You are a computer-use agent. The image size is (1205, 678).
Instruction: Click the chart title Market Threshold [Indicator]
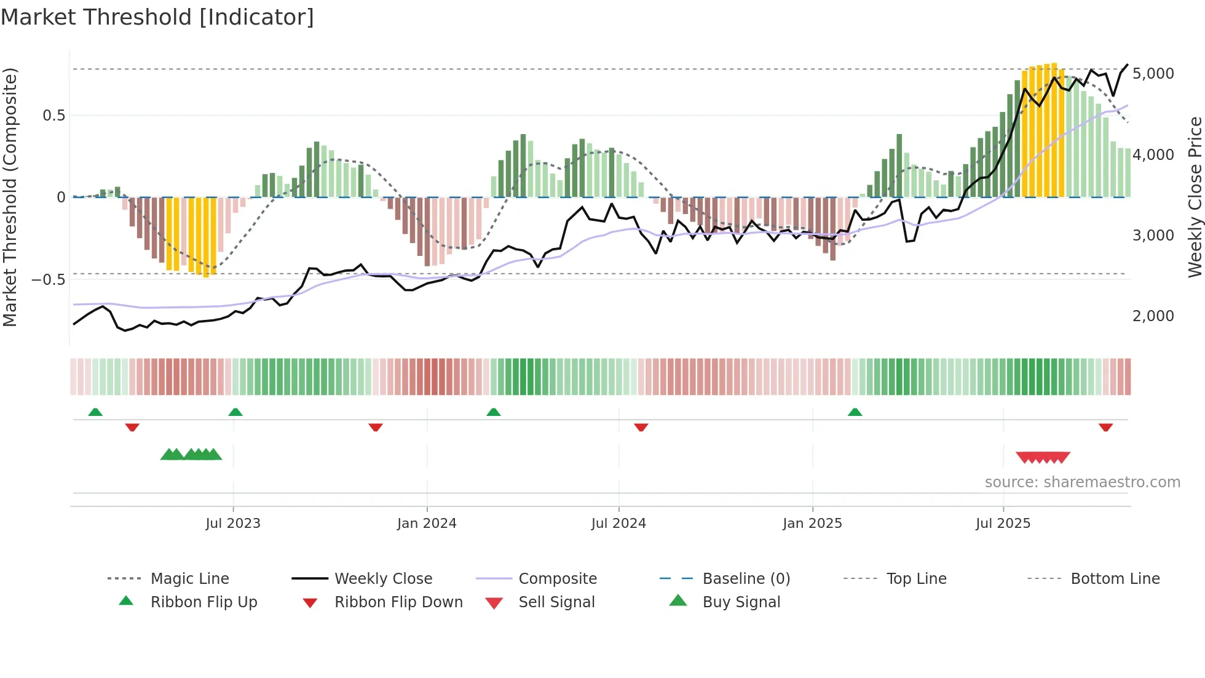click(x=157, y=17)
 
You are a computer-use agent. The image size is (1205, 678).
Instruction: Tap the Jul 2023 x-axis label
click(x=233, y=524)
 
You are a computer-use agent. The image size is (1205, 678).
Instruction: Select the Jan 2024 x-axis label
click(x=427, y=524)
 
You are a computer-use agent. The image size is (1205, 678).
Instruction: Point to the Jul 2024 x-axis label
click(x=618, y=524)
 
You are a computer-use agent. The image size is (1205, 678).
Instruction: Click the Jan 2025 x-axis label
click(x=812, y=524)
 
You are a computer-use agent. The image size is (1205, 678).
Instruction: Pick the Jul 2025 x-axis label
click(x=1003, y=524)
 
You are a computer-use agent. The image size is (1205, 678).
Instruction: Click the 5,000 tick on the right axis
click(x=1153, y=74)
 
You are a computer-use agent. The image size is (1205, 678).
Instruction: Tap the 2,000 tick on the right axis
click(x=1153, y=316)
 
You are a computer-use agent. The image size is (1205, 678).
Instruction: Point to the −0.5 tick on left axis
click(x=48, y=280)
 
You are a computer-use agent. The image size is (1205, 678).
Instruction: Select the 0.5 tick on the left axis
click(x=53, y=116)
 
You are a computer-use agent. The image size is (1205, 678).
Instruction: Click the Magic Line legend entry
click(x=189, y=579)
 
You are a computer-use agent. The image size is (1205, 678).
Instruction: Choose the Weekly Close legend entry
click(x=383, y=579)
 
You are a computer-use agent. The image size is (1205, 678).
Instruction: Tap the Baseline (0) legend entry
click(x=746, y=579)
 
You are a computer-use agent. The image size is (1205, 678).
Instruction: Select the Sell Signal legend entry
click(x=556, y=602)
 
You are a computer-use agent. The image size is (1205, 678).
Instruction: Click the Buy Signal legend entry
click(x=741, y=602)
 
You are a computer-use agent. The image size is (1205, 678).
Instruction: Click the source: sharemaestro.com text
click(x=1082, y=482)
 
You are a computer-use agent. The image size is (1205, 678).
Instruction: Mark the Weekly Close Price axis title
click(x=1195, y=197)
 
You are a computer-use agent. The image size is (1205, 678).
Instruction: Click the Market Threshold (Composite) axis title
click(x=10, y=197)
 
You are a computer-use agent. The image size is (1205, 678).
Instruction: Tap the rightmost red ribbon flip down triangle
click(x=1105, y=427)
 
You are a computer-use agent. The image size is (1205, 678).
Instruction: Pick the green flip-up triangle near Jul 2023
click(x=235, y=412)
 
